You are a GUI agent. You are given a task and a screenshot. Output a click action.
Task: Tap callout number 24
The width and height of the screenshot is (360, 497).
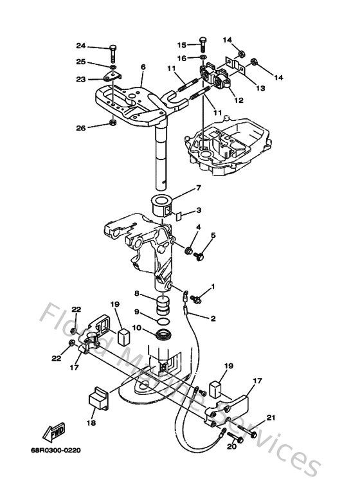(x=80, y=46)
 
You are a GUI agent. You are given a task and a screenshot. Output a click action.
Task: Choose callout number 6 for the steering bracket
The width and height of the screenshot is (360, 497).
(x=143, y=67)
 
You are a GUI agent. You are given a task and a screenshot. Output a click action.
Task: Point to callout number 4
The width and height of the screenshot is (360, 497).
(x=197, y=227)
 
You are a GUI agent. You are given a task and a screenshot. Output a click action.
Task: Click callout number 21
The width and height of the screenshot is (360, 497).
(x=271, y=419)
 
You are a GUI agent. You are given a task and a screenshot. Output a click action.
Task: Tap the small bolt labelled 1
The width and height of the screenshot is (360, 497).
(x=197, y=298)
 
